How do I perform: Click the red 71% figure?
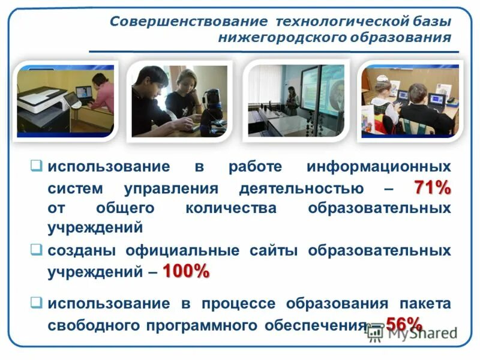tap(431, 188)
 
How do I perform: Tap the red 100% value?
tap(185, 271)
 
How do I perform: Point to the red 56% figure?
tap(404, 324)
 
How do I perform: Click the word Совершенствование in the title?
tap(188, 22)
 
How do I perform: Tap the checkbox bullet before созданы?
tap(37, 248)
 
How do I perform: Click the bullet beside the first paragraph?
tap(37, 165)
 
